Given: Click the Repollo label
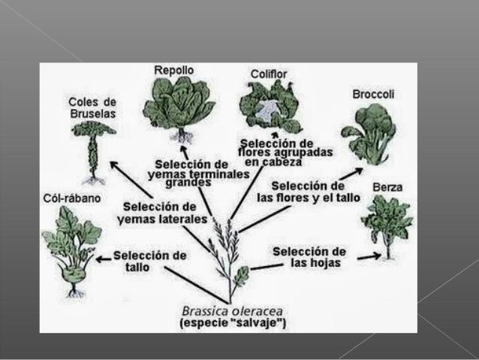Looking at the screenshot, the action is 174,71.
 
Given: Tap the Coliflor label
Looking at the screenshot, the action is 269,74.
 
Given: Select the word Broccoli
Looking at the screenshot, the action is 373,94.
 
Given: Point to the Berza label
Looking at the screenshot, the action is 387,187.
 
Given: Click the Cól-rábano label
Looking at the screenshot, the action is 72,198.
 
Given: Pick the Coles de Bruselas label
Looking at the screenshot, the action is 92,107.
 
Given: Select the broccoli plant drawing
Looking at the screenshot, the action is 369,135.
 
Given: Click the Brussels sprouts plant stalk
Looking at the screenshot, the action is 93,156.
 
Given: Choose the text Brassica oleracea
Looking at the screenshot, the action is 232,311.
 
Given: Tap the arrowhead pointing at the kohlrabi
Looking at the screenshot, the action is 99,260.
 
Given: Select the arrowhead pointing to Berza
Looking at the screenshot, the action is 378,256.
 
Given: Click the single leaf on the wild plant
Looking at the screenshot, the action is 242,276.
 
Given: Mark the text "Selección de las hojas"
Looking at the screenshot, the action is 309,257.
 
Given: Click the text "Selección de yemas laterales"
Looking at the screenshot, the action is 162,213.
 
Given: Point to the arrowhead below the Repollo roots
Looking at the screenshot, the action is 184,149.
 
